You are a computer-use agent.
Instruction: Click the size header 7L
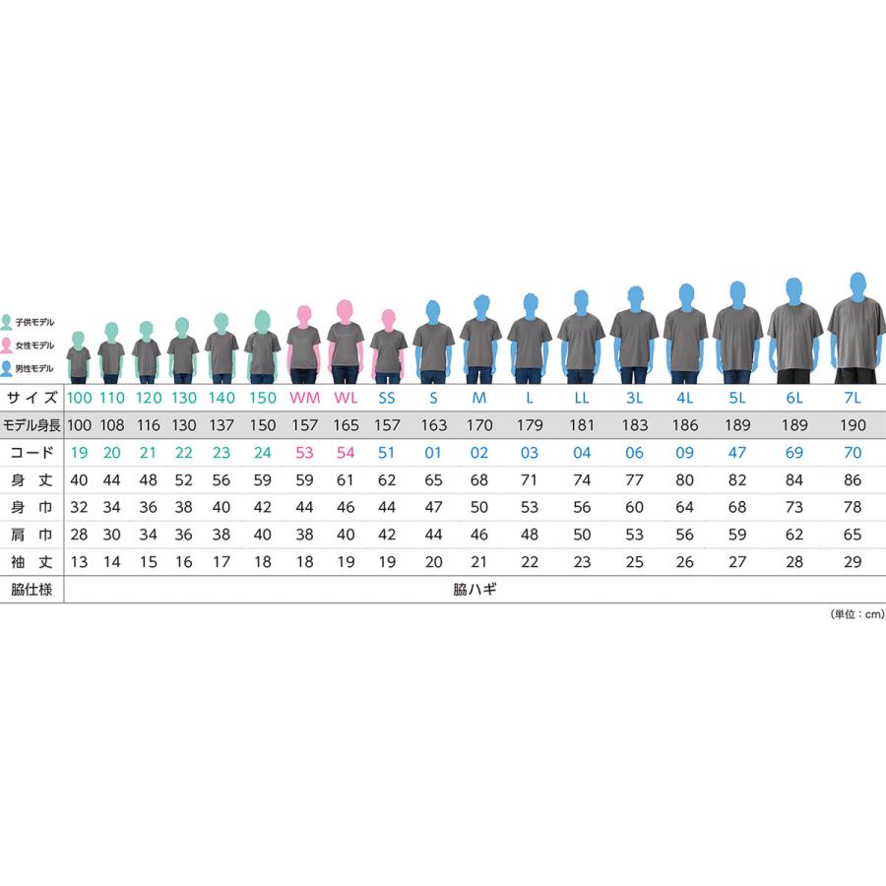[x=853, y=398]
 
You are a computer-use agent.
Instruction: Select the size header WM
[x=304, y=398]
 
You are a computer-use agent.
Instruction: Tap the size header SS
[x=387, y=398]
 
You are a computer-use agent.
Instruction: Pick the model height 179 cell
[x=530, y=425]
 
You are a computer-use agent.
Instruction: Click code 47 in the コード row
[x=736, y=453]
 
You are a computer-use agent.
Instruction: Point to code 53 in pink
[x=304, y=453]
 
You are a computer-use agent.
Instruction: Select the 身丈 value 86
[x=853, y=480]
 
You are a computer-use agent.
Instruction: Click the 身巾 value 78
[x=853, y=507]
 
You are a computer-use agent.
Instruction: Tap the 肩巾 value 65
[x=853, y=535]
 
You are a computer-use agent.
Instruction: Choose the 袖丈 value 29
[x=853, y=562]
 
